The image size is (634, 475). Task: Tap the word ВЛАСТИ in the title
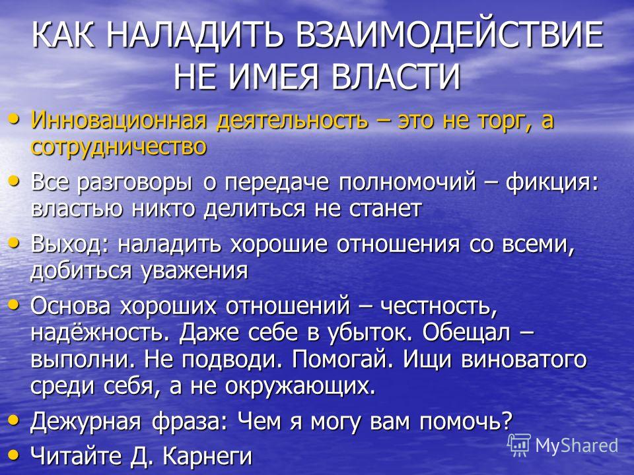point(396,76)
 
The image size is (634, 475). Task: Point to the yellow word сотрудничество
point(118,146)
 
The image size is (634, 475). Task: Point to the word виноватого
point(524,360)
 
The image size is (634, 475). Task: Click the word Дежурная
point(86,422)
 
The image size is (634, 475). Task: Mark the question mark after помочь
point(506,421)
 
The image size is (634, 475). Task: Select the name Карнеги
point(207,457)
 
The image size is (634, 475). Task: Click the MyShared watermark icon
point(519,445)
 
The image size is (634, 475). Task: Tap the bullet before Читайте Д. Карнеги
point(14,455)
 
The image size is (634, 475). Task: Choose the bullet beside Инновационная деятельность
point(14,119)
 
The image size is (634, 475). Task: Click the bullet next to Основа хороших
point(14,305)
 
